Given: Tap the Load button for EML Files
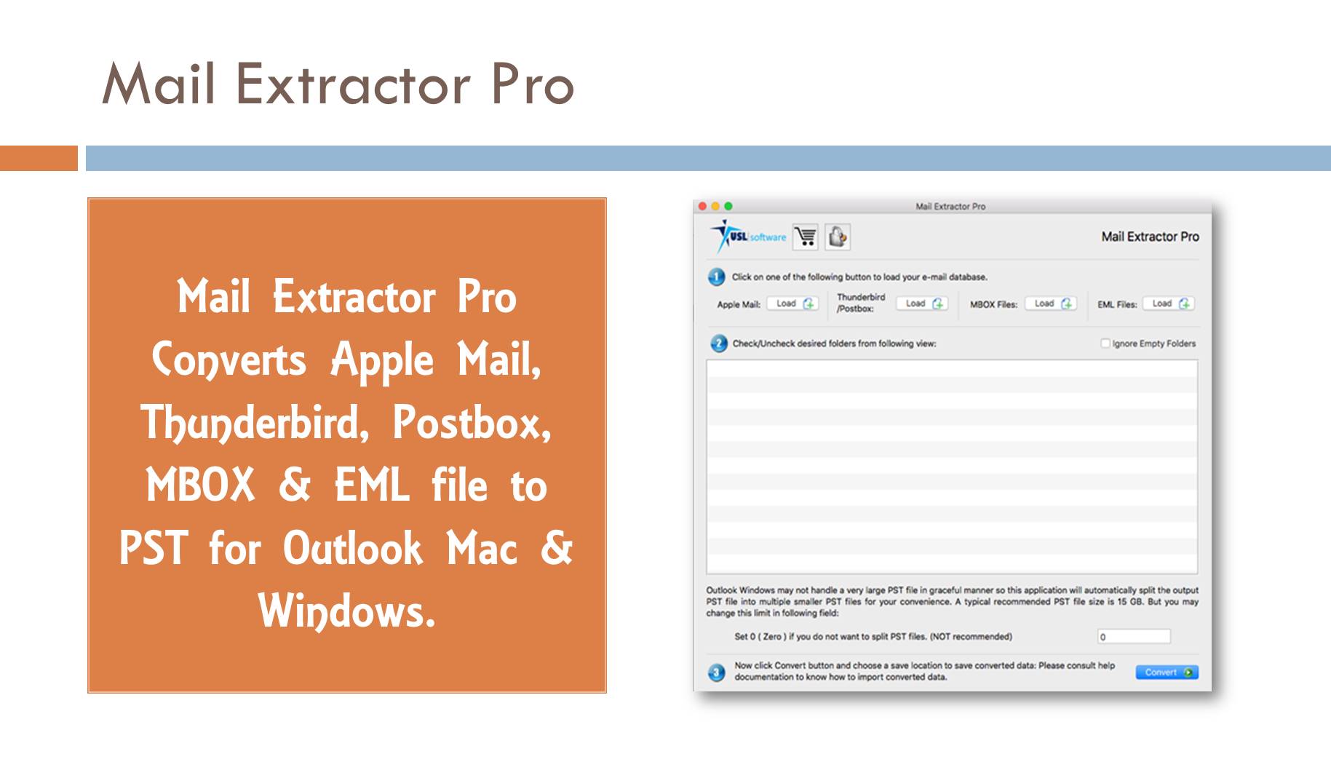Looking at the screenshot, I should (x=1168, y=303).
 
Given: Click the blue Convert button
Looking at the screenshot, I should (x=1167, y=672).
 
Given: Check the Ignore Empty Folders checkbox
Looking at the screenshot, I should (x=1105, y=344).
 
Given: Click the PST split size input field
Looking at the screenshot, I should (x=1134, y=637).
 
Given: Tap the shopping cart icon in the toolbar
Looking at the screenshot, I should (x=806, y=237).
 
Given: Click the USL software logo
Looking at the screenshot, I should (x=749, y=237).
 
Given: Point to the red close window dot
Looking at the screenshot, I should (x=702, y=207).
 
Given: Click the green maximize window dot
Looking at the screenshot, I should (x=728, y=207).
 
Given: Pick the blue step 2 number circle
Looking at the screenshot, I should (x=718, y=344).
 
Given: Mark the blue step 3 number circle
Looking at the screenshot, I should (x=717, y=672).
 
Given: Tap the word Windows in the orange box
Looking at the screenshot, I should (x=346, y=611).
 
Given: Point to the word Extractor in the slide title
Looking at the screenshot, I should (x=352, y=84).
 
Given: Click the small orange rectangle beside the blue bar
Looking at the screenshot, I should (x=39, y=158).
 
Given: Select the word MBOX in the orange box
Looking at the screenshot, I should (x=201, y=485).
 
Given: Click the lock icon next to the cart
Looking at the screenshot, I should (x=838, y=237).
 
